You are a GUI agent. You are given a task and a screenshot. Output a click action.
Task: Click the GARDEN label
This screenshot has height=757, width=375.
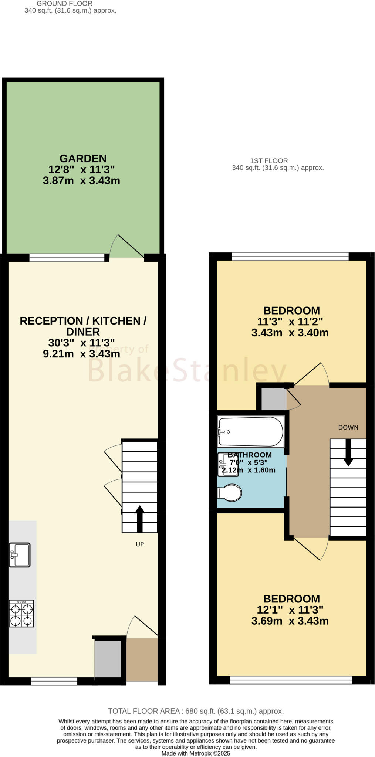[x=83, y=159]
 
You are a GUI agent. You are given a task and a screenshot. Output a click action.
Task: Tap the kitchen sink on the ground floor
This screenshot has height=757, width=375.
[x=20, y=554]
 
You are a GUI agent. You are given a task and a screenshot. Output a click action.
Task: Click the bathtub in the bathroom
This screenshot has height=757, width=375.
[x=251, y=431]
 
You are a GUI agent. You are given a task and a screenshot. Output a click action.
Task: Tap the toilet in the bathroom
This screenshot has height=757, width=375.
[x=230, y=493]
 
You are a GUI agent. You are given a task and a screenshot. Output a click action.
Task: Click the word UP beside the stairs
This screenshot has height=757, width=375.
[x=140, y=544]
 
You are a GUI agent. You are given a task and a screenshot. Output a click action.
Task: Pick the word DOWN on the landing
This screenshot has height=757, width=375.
[x=348, y=427]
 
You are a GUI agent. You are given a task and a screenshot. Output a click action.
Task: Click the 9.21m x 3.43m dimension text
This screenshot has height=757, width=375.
[x=81, y=354]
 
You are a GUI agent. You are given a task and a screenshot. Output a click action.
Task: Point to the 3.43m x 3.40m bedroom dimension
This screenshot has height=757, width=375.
[x=290, y=333]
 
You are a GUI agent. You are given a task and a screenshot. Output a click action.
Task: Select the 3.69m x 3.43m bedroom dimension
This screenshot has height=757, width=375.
[x=290, y=621]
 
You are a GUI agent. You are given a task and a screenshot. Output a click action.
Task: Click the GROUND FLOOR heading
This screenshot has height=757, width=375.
[x=64, y=3]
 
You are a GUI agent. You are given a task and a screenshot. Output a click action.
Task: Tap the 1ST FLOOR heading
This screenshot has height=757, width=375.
[x=269, y=161]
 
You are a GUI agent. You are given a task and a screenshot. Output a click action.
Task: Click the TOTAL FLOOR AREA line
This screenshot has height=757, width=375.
[x=196, y=711]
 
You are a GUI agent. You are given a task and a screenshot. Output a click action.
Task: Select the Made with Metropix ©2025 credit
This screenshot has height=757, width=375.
[x=196, y=753]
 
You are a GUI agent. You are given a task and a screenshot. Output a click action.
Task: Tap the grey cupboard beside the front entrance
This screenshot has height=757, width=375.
[x=108, y=659]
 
